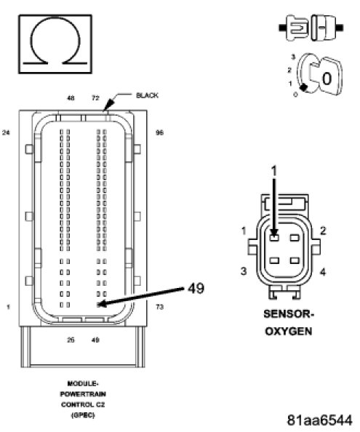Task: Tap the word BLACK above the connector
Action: pyautogui.click(x=147, y=95)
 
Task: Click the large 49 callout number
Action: pyautogui.click(x=196, y=289)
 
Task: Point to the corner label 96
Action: pyautogui.click(x=160, y=133)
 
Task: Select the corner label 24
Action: pyautogui.click(x=6, y=133)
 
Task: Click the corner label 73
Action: pyautogui.click(x=160, y=307)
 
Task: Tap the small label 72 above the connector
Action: pyautogui.click(x=95, y=98)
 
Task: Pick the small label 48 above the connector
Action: pyautogui.click(x=71, y=98)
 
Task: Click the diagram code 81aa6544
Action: pyautogui.click(x=319, y=420)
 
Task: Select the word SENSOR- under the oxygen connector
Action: pyautogui.click(x=289, y=313)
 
